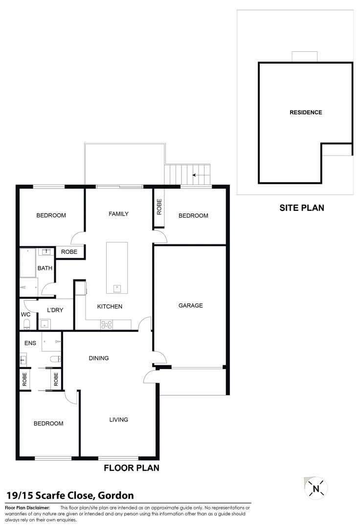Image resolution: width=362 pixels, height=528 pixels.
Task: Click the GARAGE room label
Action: (190, 306)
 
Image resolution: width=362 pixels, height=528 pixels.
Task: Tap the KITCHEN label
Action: (110, 307)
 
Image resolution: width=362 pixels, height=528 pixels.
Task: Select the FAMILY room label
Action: (118, 214)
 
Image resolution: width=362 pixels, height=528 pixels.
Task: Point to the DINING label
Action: (99, 358)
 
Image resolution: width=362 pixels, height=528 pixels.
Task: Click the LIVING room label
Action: (118, 419)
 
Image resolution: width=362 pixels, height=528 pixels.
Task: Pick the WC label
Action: (25, 314)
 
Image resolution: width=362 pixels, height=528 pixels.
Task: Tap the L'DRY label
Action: (55, 310)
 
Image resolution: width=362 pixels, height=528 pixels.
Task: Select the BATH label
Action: (45, 268)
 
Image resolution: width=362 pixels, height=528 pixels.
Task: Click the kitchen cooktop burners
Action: (106, 324)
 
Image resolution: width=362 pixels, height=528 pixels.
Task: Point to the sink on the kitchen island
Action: (117, 287)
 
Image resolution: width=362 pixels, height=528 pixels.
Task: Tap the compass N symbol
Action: (316, 488)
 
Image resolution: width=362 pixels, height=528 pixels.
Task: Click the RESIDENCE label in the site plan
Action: (306, 112)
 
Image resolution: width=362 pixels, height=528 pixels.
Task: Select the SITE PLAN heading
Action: (301, 208)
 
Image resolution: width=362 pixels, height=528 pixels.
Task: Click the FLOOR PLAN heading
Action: (132, 468)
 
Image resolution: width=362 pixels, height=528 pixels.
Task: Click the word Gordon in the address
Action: (115, 496)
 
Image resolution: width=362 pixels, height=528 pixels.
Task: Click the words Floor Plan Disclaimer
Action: (27, 508)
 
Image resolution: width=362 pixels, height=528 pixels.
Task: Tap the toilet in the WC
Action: (26, 325)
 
